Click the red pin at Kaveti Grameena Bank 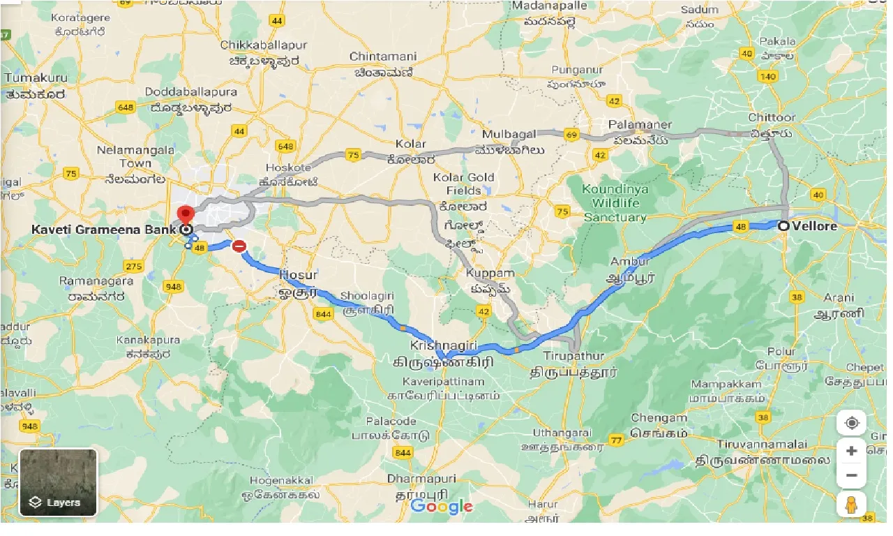pos(185,215)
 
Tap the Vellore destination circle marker pos(784,226)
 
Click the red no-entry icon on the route pos(239,246)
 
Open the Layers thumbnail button pos(59,482)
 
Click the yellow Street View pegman pos(851,505)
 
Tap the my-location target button pos(851,423)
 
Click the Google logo pos(441,506)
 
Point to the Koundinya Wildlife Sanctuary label pos(615,203)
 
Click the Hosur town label pos(298,274)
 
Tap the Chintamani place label pos(383,57)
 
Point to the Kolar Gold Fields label pos(464,184)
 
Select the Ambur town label pos(630,262)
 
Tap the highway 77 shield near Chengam pos(615,440)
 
